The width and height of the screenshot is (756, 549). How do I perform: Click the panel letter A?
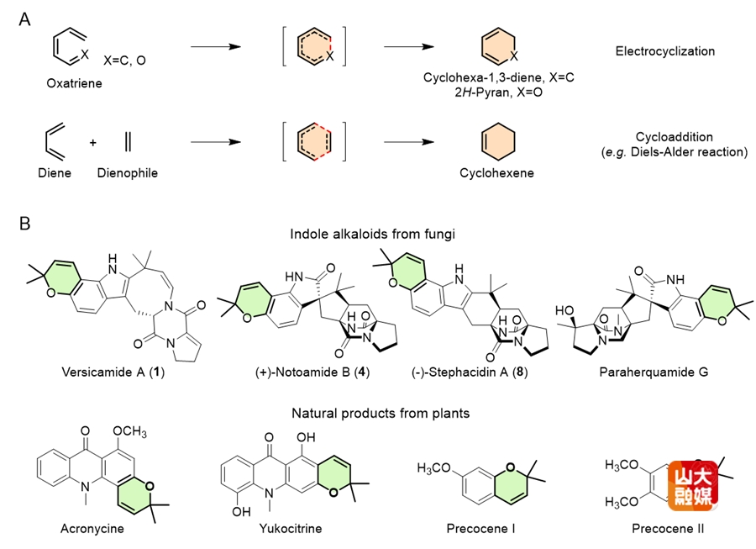click(26, 18)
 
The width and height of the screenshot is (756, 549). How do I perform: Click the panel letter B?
click(26, 224)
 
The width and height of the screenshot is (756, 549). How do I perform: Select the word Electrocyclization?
click(664, 51)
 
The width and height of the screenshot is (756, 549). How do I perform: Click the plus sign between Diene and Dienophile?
click(93, 141)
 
